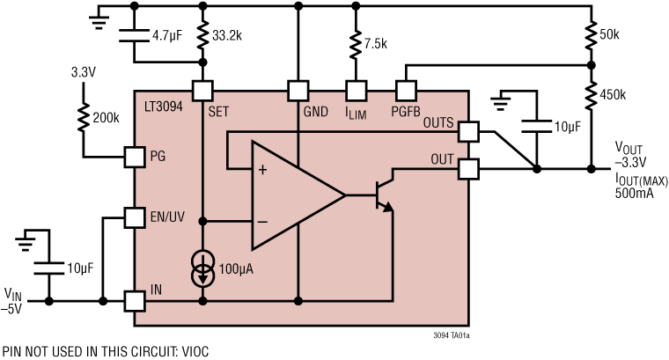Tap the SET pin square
[203, 90]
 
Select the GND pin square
[298, 90]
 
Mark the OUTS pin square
[468, 130]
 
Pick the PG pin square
[134, 157]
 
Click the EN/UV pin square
[134, 217]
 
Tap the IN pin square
[134, 300]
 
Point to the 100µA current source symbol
[203, 269]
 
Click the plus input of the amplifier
[261, 170]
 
